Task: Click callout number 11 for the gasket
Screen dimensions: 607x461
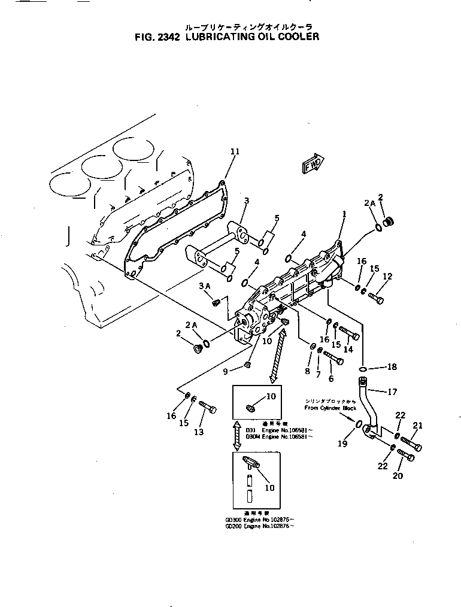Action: click(234, 151)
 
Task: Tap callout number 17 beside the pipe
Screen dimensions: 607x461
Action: click(393, 393)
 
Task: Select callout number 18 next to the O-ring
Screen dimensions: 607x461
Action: click(392, 366)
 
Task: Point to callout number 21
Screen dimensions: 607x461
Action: click(417, 426)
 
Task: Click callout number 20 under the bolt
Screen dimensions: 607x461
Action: click(398, 476)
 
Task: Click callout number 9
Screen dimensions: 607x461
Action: click(225, 371)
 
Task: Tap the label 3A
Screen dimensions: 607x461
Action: click(204, 287)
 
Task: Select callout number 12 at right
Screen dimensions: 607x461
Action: click(387, 276)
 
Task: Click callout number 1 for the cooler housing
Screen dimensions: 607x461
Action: click(344, 214)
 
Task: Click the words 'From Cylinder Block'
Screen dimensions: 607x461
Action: click(330, 408)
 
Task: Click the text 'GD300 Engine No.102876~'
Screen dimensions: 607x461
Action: click(259, 520)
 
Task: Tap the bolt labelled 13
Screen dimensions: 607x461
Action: click(207, 409)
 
